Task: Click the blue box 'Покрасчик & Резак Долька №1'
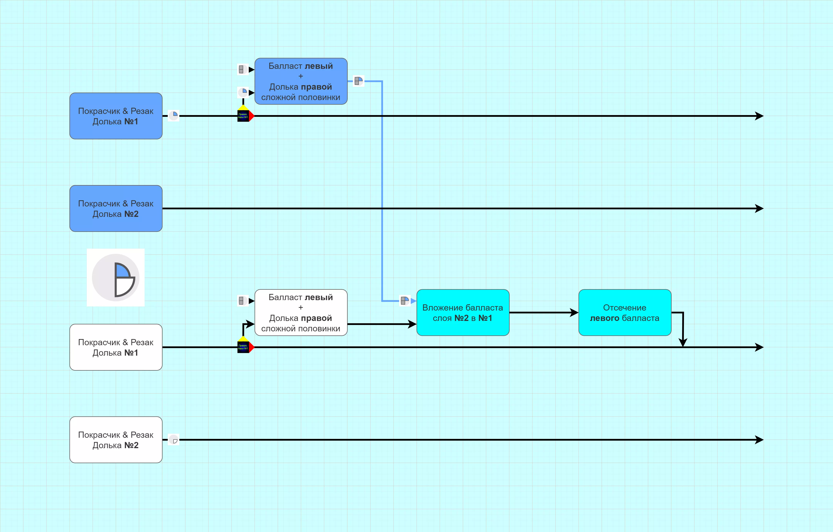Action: [116, 116]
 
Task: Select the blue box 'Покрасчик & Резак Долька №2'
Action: [116, 209]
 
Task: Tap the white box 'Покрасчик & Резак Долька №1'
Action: [116, 347]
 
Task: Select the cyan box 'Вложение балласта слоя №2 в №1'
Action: [463, 312]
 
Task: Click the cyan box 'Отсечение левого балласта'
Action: [625, 312]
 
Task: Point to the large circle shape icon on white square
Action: [116, 277]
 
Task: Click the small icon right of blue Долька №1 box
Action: [174, 115]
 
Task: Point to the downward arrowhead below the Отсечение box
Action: [683, 343]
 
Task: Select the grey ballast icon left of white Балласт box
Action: [242, 301]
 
